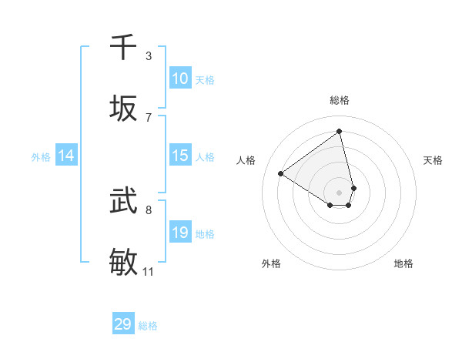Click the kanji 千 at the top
123,48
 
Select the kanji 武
123,201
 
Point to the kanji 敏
123,263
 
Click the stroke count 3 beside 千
149,55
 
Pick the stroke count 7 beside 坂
149,117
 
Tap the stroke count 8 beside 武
149,209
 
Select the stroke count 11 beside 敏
148,271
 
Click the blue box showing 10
180,78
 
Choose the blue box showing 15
180,156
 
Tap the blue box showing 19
180,232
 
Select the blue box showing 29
123,324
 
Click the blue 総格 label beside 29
148,326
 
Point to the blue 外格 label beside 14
41,157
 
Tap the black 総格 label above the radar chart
340,100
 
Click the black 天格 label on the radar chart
434,160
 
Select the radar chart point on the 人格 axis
281,173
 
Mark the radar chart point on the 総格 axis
340,131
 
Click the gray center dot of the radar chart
340,192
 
